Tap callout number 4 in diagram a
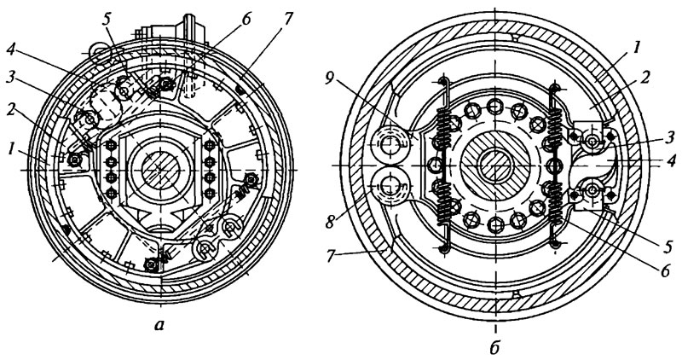(x=12, y=50)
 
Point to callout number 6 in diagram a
(x=247, y=19)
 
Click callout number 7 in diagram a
(x=288, y=19)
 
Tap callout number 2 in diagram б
(x=645, y=78)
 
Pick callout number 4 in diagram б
(x=673, y=162)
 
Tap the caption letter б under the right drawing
(x=494, y=347)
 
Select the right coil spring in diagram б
(x=555, y=165)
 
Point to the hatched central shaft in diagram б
(x=495, y=165)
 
